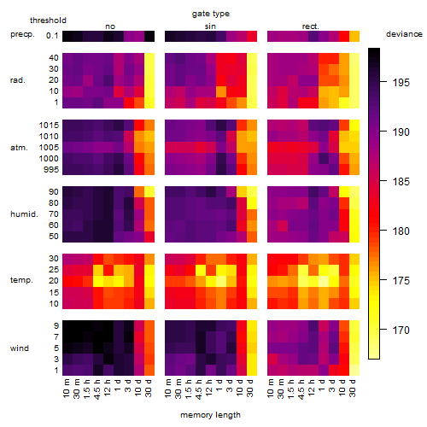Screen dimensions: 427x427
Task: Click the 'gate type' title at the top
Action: (211, 14)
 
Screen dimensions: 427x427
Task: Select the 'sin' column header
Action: (210, 26)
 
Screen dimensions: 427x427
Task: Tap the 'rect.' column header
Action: (310, 26)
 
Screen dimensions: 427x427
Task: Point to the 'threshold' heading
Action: (48, 20)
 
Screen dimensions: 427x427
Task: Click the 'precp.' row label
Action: (22, 34)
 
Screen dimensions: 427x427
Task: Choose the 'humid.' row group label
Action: (24, 213)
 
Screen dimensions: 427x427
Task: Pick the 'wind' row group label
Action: (20, 348)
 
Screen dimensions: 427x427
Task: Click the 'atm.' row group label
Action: (19, 148)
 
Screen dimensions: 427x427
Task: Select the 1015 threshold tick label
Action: (49, 126)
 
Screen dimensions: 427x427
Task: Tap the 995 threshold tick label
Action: (51, 170)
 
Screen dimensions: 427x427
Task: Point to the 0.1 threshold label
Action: (52, 36)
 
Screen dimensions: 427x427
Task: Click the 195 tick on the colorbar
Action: (401, 83)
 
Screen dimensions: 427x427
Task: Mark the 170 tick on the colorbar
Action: (401, 330)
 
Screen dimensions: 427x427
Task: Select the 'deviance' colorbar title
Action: (404, 34)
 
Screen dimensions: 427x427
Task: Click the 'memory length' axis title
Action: (210, 415)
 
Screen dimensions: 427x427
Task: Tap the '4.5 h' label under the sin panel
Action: (199, 389)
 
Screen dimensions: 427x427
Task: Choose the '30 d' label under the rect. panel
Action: (353, 388)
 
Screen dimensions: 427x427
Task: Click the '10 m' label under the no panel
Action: (66, 389)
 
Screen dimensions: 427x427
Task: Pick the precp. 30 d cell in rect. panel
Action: (354, 36)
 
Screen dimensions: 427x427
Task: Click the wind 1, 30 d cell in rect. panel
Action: (354, 370)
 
